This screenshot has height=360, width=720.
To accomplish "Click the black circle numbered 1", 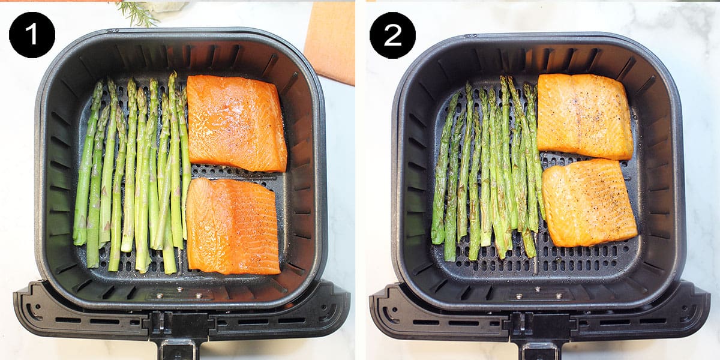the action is tap(32, 35).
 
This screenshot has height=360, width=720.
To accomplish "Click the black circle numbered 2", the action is tap(392, 35).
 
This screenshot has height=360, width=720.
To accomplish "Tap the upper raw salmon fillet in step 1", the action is tap(236, 123).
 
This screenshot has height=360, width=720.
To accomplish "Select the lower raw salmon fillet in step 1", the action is tap(233, 226).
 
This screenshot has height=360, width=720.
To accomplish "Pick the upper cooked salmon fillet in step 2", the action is tap(584, 116).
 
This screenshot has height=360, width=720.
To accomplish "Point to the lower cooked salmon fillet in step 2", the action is tap(589, 203).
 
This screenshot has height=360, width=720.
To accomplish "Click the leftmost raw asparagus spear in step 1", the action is tap(87, 164).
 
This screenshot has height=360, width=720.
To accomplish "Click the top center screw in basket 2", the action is tap(538, 289).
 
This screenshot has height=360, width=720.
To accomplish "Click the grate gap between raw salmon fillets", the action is tap(235, 175).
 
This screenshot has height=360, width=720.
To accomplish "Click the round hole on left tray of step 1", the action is tap(38, 306).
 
